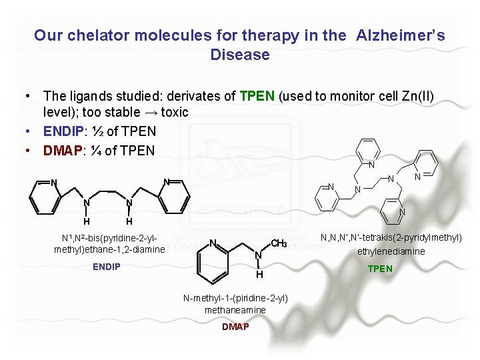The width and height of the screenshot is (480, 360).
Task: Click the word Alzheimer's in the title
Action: coord(401,35)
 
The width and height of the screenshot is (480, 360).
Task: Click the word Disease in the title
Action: coord(240,55)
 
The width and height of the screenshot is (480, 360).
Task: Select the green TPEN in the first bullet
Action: coord(257,96)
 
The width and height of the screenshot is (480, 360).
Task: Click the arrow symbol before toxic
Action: coord(147,112)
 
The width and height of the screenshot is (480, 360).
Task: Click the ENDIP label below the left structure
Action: coord(107,267)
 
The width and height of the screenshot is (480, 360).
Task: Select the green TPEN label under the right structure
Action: coord(380,269)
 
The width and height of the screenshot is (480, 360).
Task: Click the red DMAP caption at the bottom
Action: coord(235,327)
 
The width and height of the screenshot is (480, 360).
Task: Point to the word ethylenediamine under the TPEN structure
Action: coord(391,251)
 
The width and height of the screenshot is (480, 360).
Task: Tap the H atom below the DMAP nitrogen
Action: coord(259,274)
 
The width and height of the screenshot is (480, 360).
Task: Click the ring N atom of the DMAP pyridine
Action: coord(212,242)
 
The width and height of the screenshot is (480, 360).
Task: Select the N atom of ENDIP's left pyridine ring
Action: coord(53,183)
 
